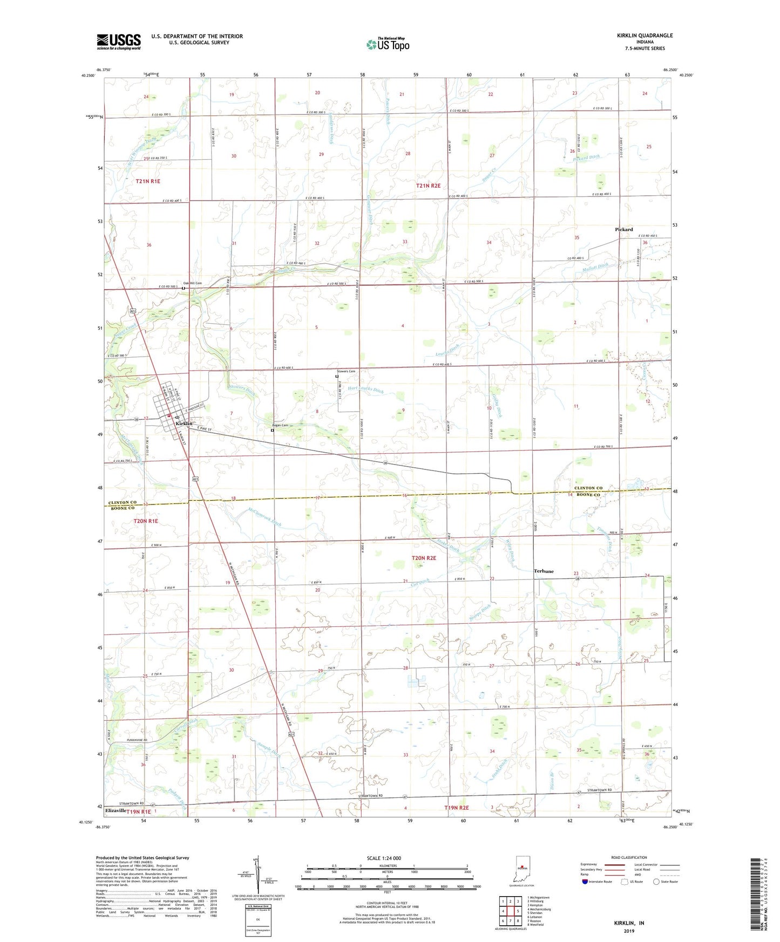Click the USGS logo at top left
[x=119, y=41]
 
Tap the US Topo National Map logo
[x=388, y=44]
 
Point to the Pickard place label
[x=623, y=229]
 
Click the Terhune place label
[x=544, y=571]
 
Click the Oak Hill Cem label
[x=192, y=283]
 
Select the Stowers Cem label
[x=346, y=371]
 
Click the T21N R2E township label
[x=428, y=186]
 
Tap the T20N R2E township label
[x=424, y=558]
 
